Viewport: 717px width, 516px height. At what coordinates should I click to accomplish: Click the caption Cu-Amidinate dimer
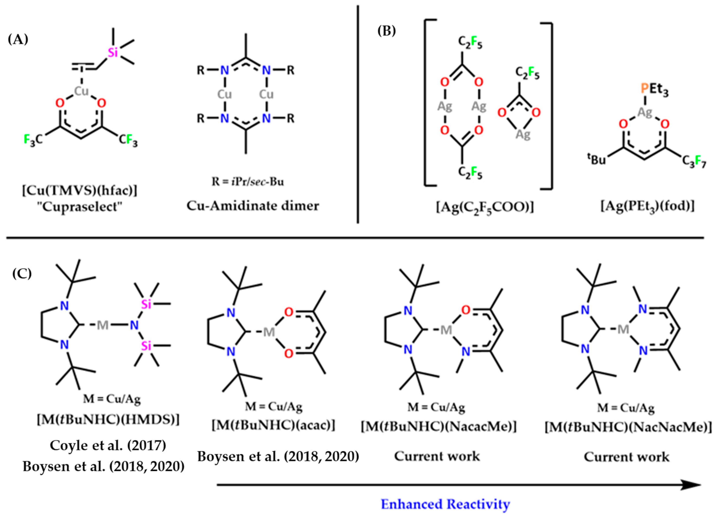pos(253,206)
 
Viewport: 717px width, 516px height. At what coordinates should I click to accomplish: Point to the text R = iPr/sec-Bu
pos(248,182)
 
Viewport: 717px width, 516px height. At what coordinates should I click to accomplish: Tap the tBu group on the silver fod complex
pos(597,159)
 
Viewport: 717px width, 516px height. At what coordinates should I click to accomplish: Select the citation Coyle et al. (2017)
pos(108,446)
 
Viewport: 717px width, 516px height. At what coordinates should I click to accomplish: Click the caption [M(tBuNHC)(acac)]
pos(273,426)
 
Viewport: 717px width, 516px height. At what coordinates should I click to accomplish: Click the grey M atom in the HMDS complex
pos(102,325)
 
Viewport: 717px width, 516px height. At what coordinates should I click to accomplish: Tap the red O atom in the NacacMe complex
pos(465,310)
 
